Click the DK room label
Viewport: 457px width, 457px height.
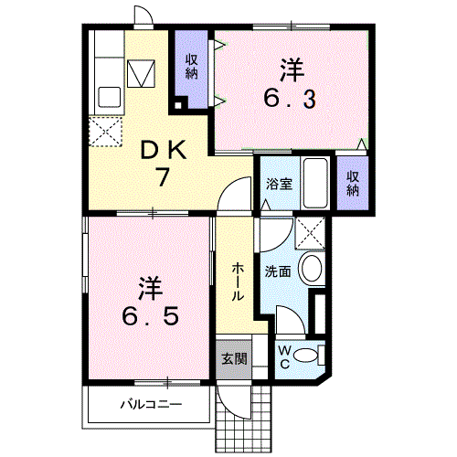tap(164, 150)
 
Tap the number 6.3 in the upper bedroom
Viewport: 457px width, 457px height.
tap(290, 100)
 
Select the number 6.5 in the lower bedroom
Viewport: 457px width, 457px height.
tap(150, 316)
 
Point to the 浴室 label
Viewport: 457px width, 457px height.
tap(279, 184)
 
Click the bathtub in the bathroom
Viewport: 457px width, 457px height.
tap(315, 184)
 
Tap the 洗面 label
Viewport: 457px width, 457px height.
tap(278, 271)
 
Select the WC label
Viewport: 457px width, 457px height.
tap(284, 357)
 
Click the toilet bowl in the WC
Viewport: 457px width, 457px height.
tap(305, 356)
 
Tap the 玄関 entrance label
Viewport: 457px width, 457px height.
tap(234, 358)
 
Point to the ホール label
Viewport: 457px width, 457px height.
tap(238, 282)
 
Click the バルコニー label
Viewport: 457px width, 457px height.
tap(152, 405)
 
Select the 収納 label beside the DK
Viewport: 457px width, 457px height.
tap(192, 67)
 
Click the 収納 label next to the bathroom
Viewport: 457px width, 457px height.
tap(353, 184)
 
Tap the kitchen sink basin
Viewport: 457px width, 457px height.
tap(110, 97)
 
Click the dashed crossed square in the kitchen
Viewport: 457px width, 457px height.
tap(106, 132)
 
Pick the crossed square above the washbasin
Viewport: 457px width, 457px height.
tap(310, 233)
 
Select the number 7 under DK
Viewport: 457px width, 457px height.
tap(163, 176)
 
